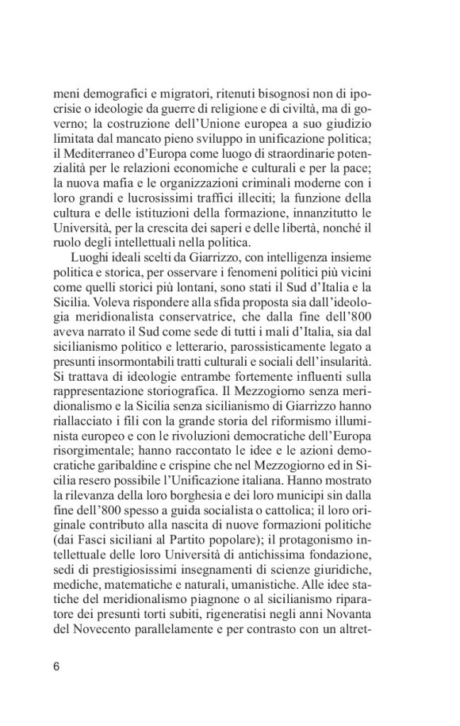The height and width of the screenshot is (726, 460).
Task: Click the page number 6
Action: [x=56, y=666]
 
